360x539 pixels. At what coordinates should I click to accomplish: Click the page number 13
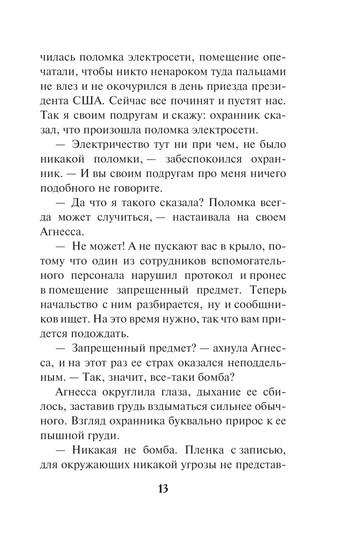pos(163,489)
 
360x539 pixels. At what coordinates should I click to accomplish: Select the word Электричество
pos(108,144)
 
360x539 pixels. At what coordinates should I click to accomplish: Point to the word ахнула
pos(229,348)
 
